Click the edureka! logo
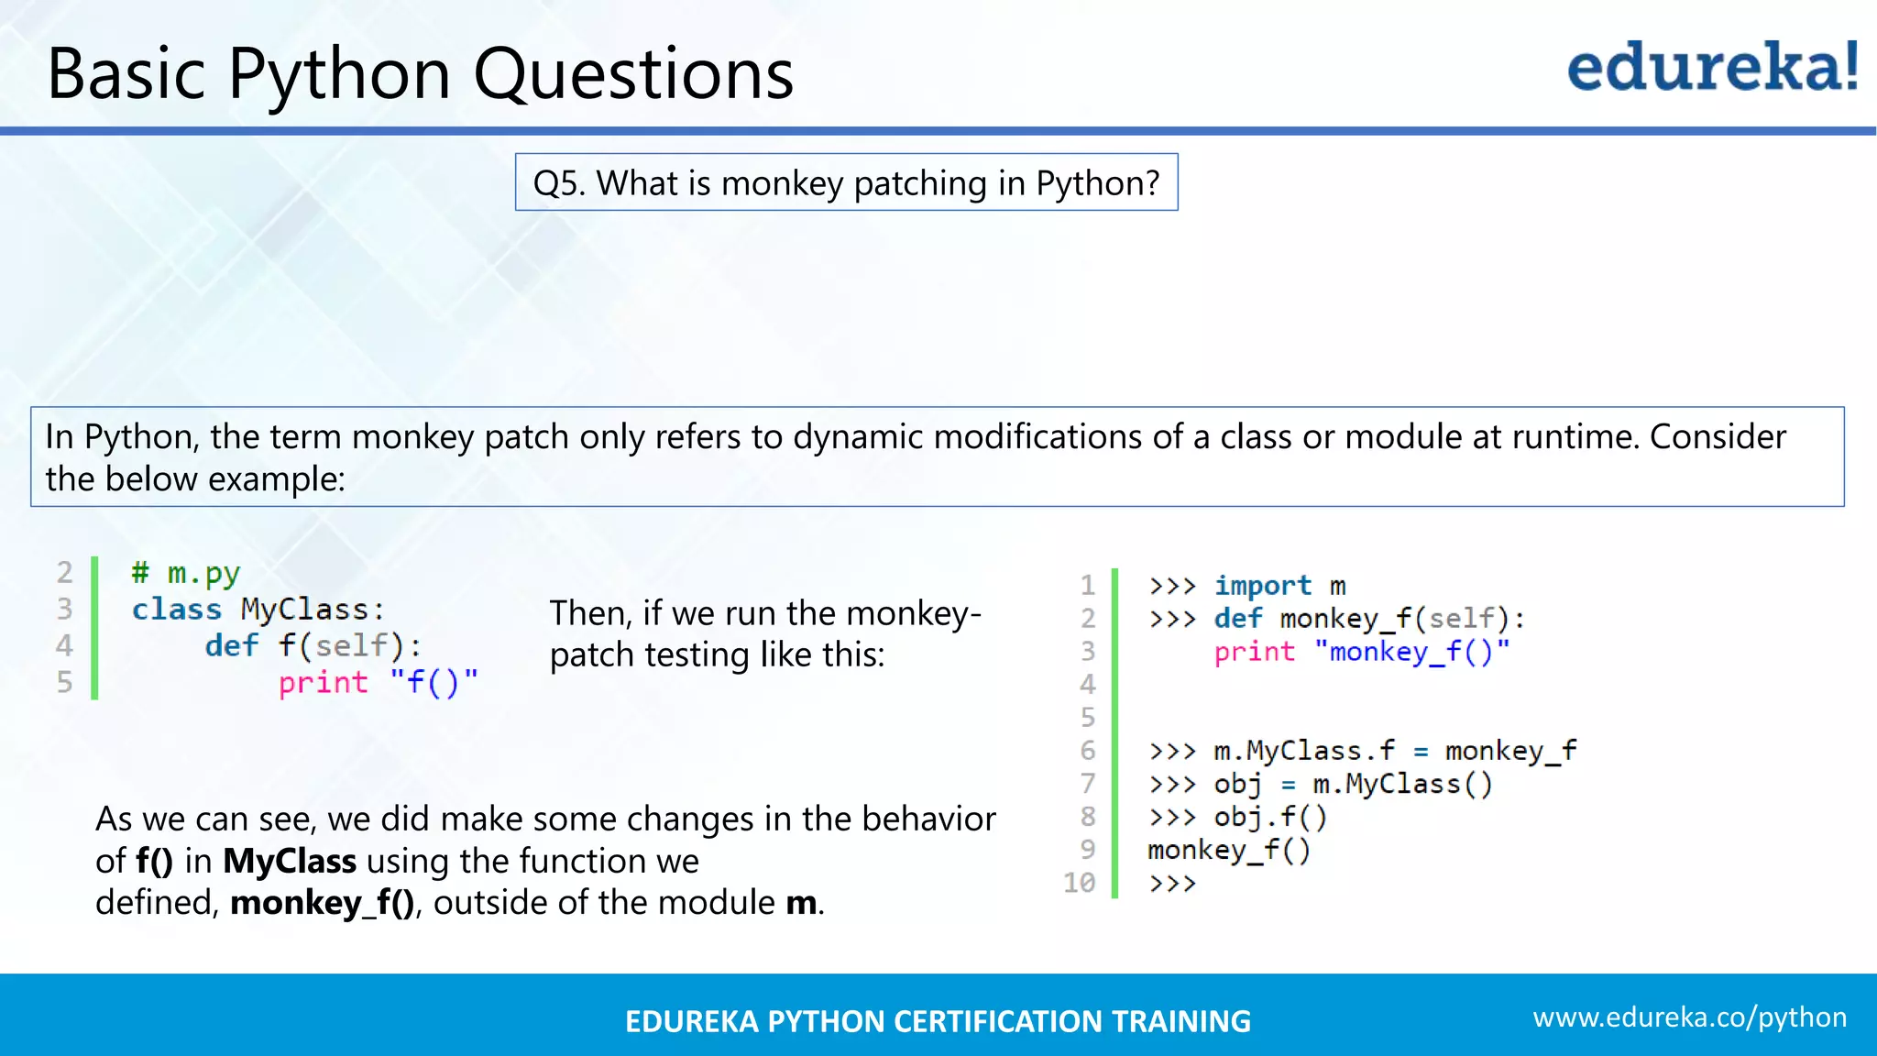point(1712,68)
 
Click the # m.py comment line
point(186,574)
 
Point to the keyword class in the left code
point(176,610)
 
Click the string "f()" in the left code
point(434,682)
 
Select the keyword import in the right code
point(1262,586)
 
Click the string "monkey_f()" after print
point(1411,652)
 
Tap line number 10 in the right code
point(1079,883)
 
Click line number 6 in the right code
point(1087,751)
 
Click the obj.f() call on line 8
point(1270,817)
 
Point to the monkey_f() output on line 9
point(1229,851)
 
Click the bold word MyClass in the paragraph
point(290,862)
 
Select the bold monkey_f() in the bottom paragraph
point(323,904)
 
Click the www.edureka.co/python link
point(1689,1017)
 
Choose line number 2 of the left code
point(64,573)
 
